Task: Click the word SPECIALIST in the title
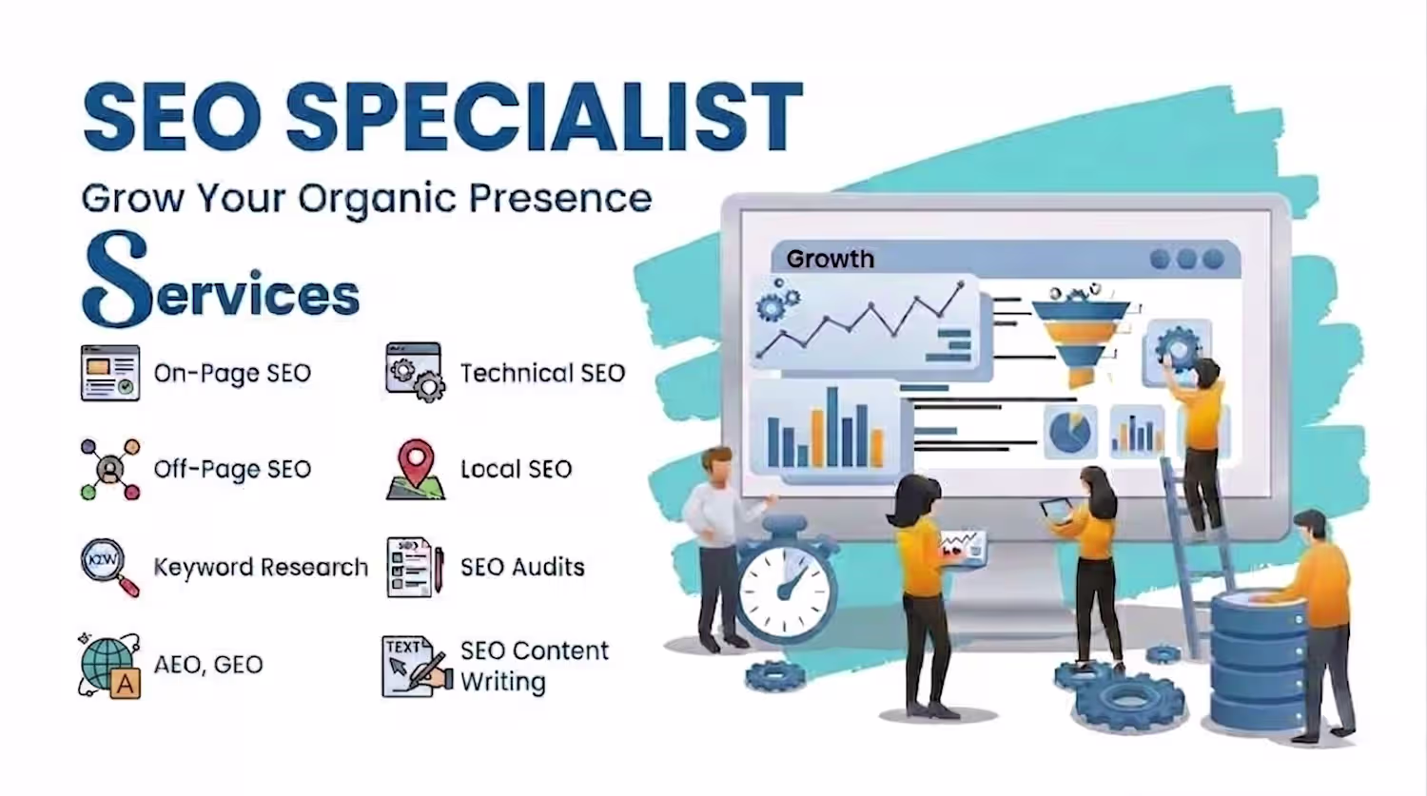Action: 544,117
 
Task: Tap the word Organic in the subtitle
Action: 377,200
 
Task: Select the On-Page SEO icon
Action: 110,373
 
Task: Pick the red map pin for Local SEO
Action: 416,457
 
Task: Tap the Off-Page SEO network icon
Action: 110,469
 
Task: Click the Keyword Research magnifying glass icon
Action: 109,568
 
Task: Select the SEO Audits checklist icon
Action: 415,567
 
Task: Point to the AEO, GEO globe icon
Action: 109,666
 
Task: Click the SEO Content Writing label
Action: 535,666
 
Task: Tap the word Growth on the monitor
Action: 831,260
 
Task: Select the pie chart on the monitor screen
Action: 1070,431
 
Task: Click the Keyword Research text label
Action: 261,567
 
